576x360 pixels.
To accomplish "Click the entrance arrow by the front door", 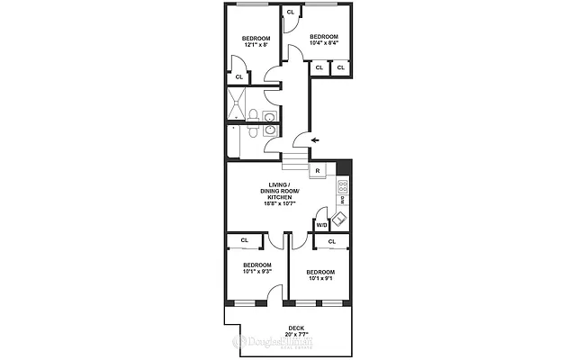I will coord(314,140).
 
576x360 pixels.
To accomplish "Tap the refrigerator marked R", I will coord(318,171).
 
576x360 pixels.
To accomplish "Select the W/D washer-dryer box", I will coord(321,225).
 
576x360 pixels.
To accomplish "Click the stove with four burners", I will coord(342,188).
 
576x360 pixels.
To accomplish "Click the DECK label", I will coord(296,327).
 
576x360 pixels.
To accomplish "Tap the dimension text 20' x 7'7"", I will coord(296,334).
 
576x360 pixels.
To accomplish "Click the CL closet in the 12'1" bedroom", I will coord(239,77).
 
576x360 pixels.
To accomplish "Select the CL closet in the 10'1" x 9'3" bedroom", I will coord(244,240).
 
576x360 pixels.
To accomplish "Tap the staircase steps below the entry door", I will coord(296,162).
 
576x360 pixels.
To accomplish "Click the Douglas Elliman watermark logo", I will coord(271,343).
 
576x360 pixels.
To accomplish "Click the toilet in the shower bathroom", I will coord(255,114).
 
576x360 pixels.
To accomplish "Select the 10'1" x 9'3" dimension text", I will coord(257,272).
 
